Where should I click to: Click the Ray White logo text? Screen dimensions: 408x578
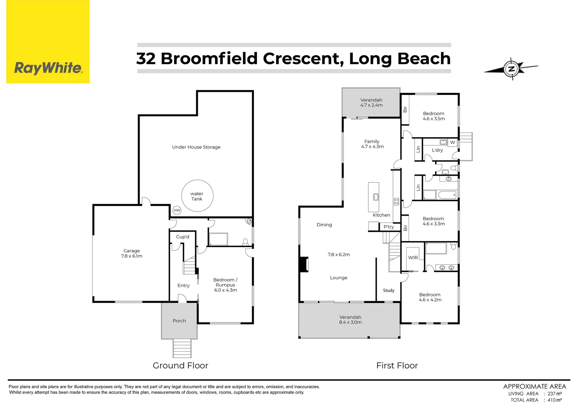48,68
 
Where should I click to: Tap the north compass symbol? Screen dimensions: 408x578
511,69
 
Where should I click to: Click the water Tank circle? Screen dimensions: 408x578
197,196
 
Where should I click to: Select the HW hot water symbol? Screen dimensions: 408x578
177,210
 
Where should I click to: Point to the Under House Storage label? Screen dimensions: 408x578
196,147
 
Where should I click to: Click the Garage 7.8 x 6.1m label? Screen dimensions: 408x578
132,253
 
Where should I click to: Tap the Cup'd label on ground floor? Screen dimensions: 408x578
182,237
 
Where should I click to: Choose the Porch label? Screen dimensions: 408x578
179,321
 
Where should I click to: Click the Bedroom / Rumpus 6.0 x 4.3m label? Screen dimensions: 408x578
225,285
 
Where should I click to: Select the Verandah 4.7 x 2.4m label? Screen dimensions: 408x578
371,102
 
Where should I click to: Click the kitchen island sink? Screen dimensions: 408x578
376,197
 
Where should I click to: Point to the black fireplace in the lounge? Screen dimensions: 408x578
304,264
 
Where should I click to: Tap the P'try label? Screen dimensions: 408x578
388,227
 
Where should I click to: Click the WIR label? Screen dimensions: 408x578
413,258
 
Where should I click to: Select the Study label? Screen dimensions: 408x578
388,291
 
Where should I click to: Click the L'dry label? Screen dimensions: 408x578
437,150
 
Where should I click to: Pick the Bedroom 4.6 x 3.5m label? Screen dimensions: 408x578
433,116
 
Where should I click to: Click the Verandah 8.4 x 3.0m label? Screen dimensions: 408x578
350,320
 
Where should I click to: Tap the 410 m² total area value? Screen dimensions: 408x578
554,400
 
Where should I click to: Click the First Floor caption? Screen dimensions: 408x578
397,365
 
